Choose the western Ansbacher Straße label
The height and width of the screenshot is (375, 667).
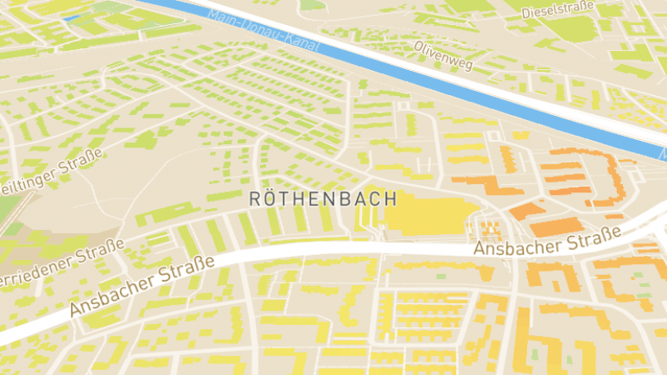142,286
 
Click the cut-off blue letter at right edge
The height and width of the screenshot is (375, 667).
663,154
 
